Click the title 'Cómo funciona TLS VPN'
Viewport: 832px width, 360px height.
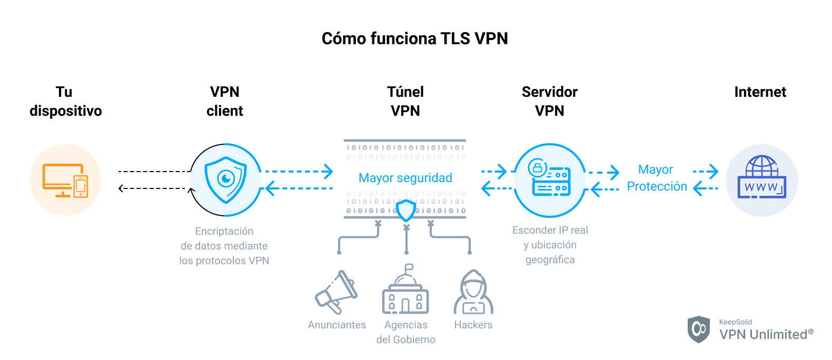pos(414,38)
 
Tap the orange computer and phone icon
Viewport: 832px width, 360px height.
pos(65,180)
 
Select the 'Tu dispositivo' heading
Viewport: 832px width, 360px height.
pos(65,101)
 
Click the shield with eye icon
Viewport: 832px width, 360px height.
pos(226,180)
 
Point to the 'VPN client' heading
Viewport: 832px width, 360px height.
pos(225,101)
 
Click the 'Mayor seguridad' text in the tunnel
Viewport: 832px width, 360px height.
pos(405,178)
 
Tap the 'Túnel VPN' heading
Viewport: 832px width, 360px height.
pos(405,101)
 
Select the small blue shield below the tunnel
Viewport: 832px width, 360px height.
pos(405,211)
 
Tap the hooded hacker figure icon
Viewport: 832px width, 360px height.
pos(473,293)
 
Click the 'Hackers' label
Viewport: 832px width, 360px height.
pos(473,325)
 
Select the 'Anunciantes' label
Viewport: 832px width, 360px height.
pos(336,325)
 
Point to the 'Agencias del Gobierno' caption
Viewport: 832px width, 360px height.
pos(405,332)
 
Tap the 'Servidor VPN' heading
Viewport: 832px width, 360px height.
pos(549,101)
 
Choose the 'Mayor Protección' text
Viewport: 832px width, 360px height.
pos(657,178)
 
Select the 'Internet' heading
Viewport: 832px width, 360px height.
pos(760,92)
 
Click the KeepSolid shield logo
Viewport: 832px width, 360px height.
pos(699,329)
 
